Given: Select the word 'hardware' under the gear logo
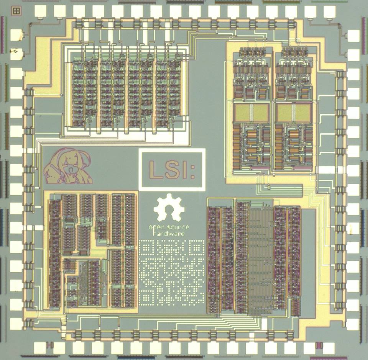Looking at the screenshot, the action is tap(169, 234).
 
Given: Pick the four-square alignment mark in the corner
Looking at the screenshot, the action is tap(16, 11).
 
